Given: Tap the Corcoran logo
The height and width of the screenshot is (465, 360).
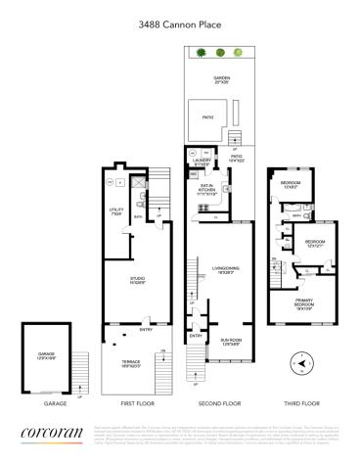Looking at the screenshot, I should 51,433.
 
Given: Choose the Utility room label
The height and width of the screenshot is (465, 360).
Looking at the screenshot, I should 115,209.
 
